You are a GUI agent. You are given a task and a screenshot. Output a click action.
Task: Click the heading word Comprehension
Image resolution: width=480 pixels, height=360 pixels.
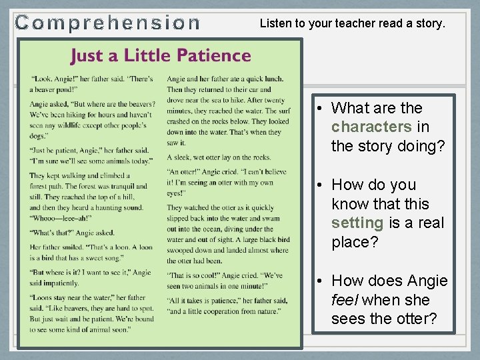107,23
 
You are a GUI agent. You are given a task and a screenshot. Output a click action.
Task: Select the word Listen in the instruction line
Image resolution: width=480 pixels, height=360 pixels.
275,23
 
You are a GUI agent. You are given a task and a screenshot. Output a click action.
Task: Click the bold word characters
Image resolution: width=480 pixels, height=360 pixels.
371,127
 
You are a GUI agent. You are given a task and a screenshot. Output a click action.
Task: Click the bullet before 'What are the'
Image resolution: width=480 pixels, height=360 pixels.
321,109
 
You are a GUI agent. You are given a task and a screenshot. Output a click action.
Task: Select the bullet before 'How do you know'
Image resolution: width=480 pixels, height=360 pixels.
321,185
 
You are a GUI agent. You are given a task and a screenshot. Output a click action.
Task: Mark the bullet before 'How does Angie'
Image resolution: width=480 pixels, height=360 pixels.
321,281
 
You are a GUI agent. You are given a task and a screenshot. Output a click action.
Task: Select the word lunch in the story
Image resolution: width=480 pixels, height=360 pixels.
273,79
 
